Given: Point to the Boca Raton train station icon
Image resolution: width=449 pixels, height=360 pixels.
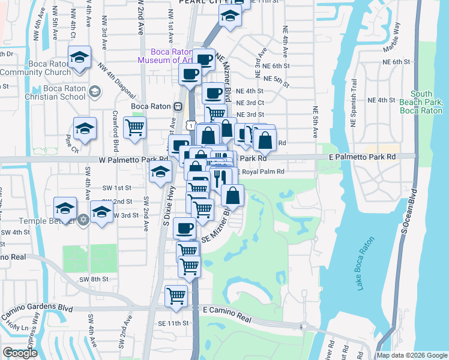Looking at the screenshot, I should click(x=178, y=106).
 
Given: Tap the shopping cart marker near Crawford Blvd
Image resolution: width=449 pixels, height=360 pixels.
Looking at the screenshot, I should click(x=134, y=127).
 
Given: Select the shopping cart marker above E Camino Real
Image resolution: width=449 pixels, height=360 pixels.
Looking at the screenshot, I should click(x=176, y=295).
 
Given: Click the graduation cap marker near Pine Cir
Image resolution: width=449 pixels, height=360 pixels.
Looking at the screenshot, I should click(x=85, y=128).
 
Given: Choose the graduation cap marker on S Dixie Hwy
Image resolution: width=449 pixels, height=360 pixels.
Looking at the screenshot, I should click(x=160, y=172).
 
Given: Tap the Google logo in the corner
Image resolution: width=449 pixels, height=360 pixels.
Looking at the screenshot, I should click(x=20, y=353).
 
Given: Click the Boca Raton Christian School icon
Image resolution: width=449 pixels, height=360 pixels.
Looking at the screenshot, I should click(x=94, y=91).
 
